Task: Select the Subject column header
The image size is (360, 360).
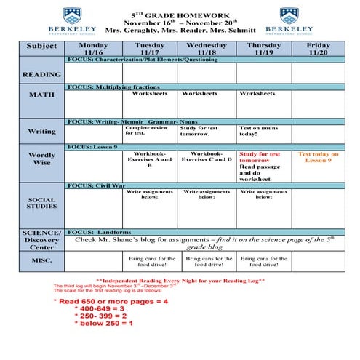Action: [41, 47]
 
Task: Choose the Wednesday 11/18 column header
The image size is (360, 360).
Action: [206, 49]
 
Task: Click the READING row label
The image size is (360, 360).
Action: [41, 75]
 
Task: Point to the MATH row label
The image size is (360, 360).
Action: [41, 95]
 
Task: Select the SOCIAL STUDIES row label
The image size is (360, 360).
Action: [41, 202]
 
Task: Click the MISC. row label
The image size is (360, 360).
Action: [41, 259]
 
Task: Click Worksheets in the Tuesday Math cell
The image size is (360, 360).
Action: [149, 94]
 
